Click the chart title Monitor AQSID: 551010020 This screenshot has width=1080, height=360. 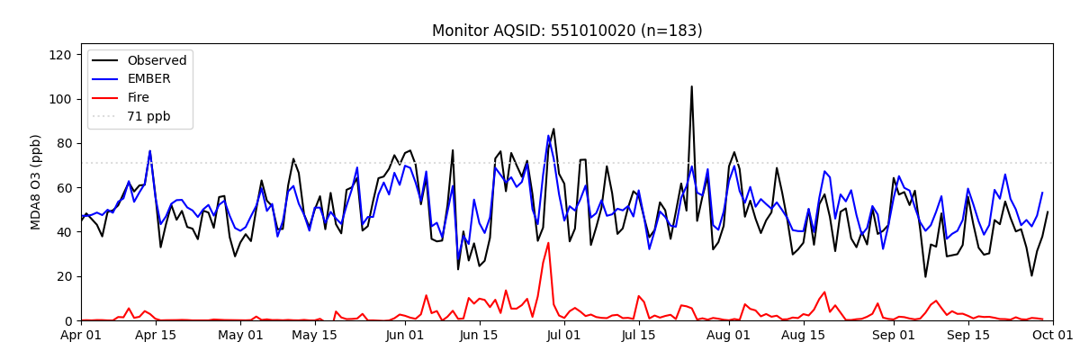[x=567, y=31]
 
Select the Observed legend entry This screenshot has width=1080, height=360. [x=157, y=61]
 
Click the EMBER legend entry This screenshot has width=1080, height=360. [x=149, y=79]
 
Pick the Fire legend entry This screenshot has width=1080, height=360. [x=139, y=98]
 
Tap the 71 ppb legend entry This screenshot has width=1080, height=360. [x=148, y=116]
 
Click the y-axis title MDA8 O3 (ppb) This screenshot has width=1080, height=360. [x=36, y=182]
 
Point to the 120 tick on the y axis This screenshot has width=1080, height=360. [x=59, y=55]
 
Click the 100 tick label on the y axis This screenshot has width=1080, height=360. [x=59, y=99]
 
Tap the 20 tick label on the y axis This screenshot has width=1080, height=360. [x=62, y=276]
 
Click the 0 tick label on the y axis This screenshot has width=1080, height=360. [x=66, y=320]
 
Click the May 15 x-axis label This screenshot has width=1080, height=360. [x=315, y=336]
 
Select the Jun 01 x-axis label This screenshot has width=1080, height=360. [x=405, y=336]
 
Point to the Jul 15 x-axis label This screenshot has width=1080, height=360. [x=639, y=336]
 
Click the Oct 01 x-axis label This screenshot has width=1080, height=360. [x=1052, y=336]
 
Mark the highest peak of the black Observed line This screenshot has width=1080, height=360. [x=691, y=87]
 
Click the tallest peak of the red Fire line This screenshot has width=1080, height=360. [x=548, y=243]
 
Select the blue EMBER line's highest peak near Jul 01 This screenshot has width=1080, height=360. [x=548, y=137]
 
